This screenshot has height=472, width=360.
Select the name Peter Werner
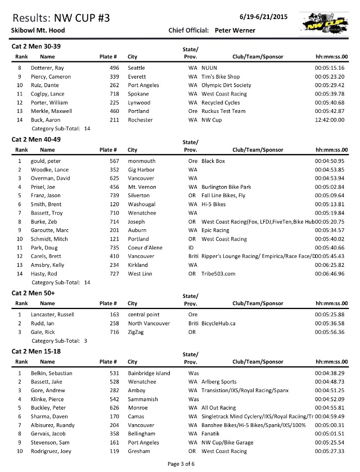(x=235, y=30)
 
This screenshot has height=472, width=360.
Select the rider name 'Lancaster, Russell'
(x=53, y=314)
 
